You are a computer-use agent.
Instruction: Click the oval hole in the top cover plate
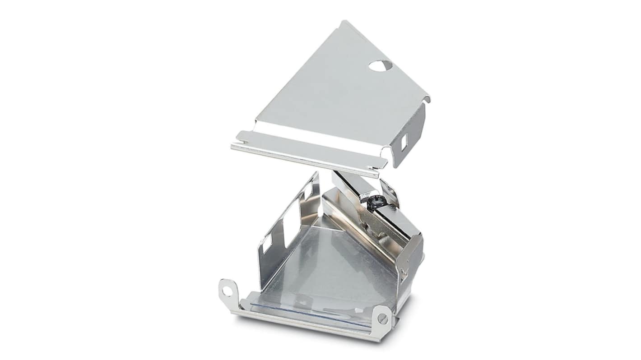380,66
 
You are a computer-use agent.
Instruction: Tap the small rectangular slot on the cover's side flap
404,141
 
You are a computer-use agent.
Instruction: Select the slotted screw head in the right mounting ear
383,319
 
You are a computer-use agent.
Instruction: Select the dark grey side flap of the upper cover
409,135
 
